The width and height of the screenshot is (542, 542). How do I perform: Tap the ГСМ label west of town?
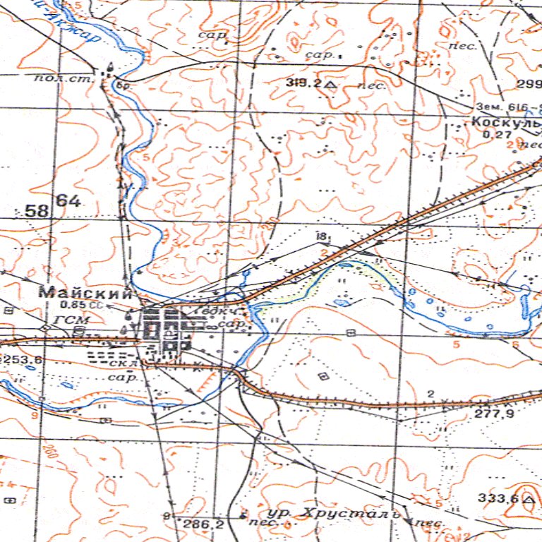coord(68,320)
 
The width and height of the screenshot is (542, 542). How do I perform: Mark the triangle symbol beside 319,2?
coord(330,84)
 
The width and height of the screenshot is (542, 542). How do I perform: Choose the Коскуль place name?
coord(505,121)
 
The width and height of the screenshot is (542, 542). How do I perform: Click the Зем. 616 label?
coord(507,107)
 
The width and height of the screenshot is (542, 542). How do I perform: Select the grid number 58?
coord(37,210)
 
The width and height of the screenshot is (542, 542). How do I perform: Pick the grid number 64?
coord(69,201)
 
